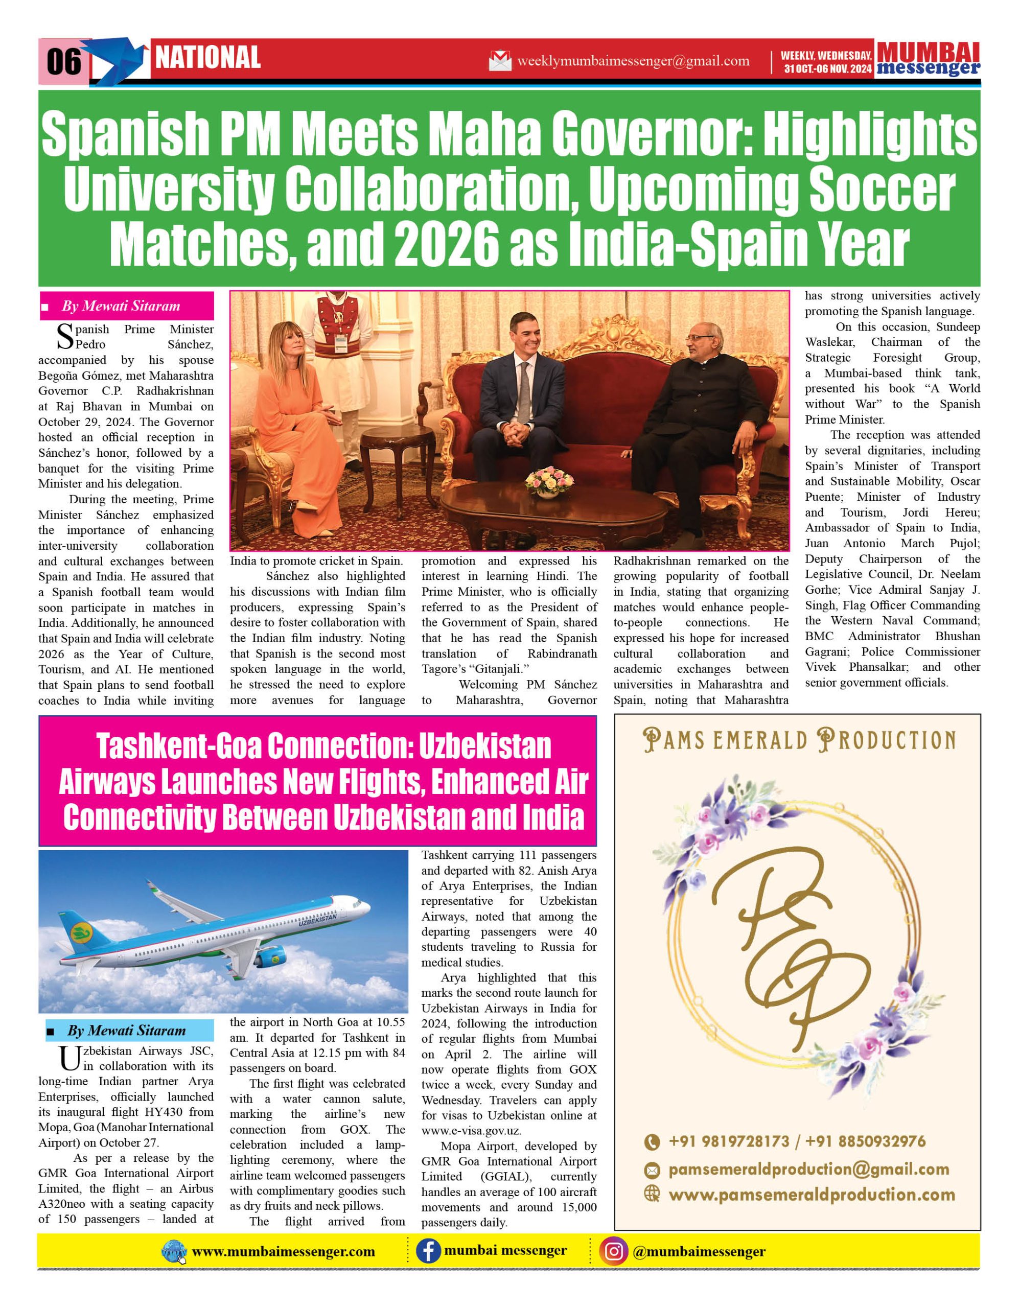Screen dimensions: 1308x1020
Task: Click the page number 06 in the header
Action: (63, 61)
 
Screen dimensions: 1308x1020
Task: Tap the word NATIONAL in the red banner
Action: (208, 58)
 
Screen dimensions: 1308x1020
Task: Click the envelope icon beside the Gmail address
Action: (500, 61)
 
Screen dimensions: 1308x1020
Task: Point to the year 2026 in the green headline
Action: (447, 244)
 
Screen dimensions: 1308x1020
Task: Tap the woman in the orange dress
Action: (298, 413)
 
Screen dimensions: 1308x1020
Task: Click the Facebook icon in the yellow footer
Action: (428, 1252)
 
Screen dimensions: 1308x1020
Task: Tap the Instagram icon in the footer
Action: (613, 1252)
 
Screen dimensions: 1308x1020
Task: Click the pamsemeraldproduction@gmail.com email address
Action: (808, 1169)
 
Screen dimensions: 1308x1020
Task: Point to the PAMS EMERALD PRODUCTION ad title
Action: (799, 741)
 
